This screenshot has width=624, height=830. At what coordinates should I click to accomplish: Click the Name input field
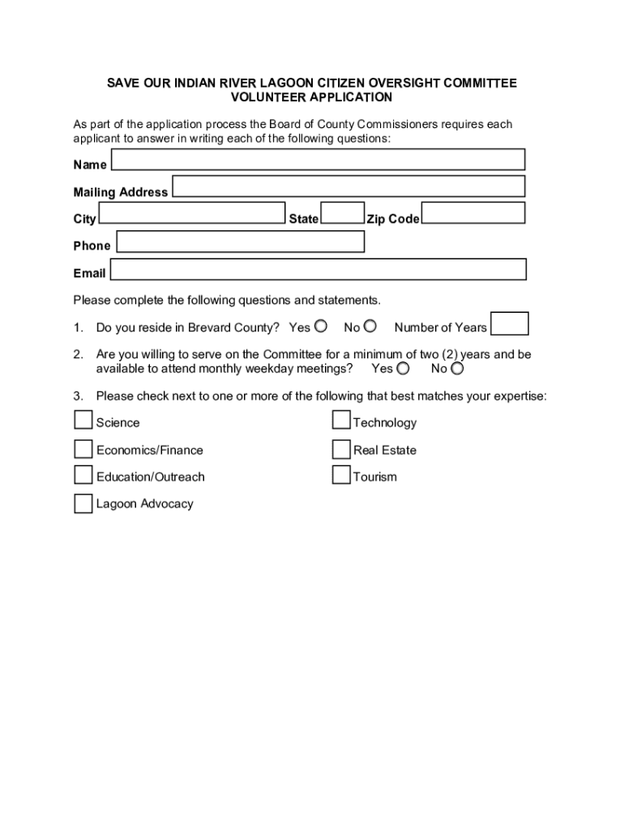(x=318, y=160)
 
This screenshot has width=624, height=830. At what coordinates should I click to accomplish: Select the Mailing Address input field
(x=348, y=186)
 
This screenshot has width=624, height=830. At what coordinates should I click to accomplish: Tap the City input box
(x=191, y=213)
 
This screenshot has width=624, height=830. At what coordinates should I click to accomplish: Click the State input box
(x=343, y=213)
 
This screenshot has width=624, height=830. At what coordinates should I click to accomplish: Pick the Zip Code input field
(x=473, y=213)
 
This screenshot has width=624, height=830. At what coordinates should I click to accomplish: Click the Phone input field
(x=240, y=242)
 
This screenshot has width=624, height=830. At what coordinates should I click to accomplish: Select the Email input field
(x=318, y=269)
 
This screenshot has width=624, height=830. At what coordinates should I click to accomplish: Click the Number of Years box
(x=511, y=324)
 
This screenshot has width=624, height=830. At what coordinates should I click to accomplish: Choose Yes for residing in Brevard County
(x=321, y=327)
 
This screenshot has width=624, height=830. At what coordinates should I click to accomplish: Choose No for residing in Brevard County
(x=370, y=327)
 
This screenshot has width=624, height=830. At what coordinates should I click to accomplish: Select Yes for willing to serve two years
(x=403, y=369)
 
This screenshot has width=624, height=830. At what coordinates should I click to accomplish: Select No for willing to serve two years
(x=457, y=369)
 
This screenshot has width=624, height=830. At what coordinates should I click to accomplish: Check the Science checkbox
(x=83, y=420)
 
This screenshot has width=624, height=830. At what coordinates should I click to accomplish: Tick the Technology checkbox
(x=341, y=420)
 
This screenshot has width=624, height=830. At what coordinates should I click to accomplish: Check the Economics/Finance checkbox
(x=83, y=448)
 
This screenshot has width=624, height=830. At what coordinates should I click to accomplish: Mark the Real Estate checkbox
(x=341, y=448)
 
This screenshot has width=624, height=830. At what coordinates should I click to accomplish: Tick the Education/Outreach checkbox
(x=83, y=475)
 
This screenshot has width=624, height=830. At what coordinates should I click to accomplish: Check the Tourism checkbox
(x=341, y=475)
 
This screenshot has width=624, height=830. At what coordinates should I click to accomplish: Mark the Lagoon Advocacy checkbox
(x=83, y=503)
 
